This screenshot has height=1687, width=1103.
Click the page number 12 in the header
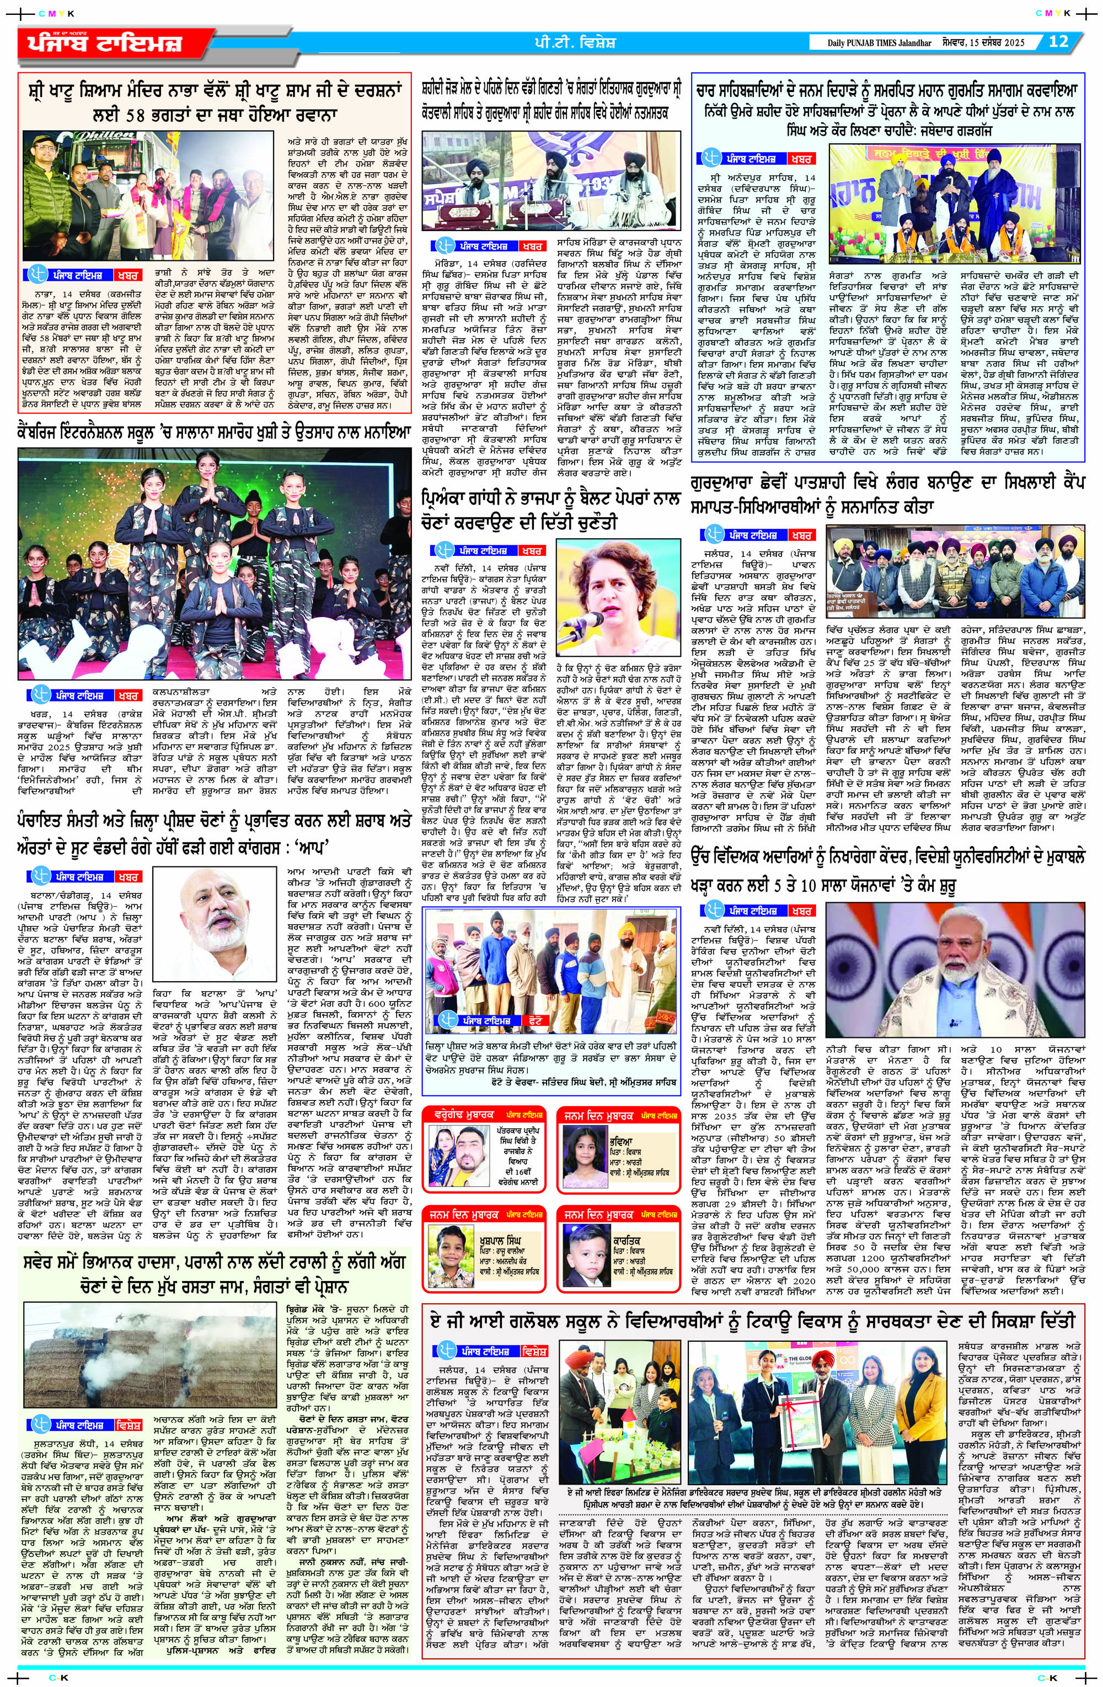(x=1058, y=41)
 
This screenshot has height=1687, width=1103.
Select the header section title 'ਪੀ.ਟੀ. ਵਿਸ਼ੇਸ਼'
(x=575, y=42)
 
